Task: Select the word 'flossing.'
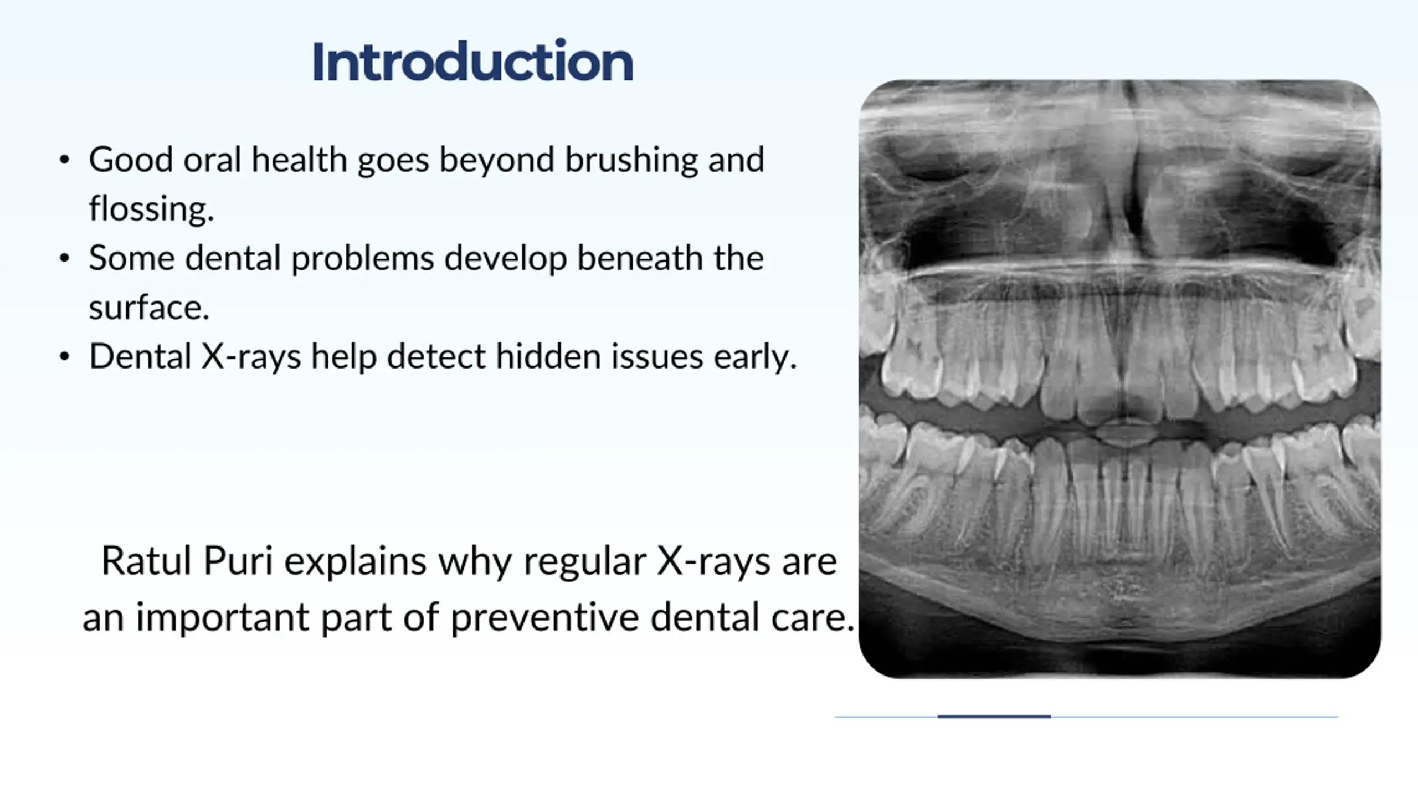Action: [151, 209]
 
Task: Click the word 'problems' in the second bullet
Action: [362, 259]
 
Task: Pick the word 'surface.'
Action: [149, 308]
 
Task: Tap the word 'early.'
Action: [755, 357]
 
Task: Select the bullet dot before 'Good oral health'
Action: [64, 160]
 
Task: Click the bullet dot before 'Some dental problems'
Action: [64, 258]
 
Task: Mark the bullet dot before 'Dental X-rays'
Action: [64, 356]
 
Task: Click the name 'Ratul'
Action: [147, 561]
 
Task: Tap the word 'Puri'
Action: [238, 561]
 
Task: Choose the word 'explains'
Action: [355, 562]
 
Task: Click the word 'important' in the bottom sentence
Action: [223, 618]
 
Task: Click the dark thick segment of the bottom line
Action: [994, 717]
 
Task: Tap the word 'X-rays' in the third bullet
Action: [251, 356]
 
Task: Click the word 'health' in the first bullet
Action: [299, 160]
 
